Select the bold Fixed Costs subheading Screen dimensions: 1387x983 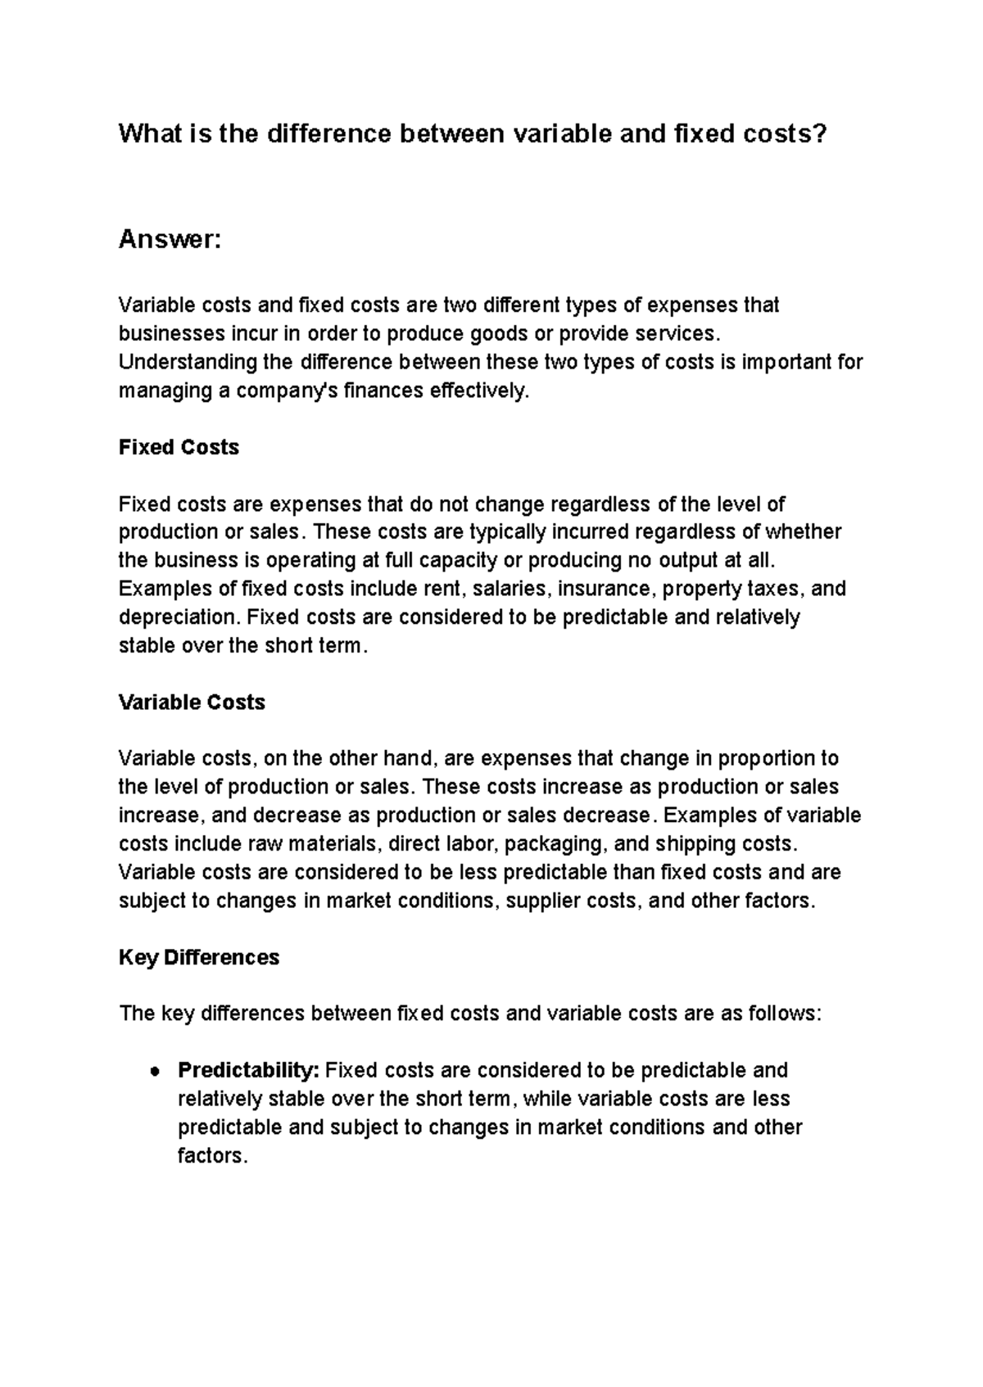pos(179,447)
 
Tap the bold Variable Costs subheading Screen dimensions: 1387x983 pos(192,703)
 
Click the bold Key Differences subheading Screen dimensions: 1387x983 pos(199,957)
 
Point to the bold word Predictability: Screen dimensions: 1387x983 pos(249,1070)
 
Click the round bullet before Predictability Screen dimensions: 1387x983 pos(154,1072)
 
